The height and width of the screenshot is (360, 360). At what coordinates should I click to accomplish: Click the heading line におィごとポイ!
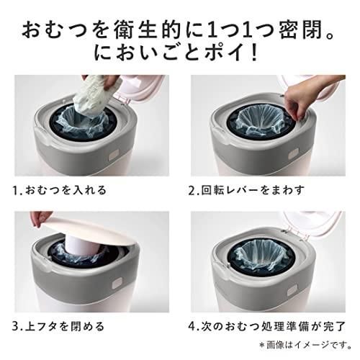pos(180,53)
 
